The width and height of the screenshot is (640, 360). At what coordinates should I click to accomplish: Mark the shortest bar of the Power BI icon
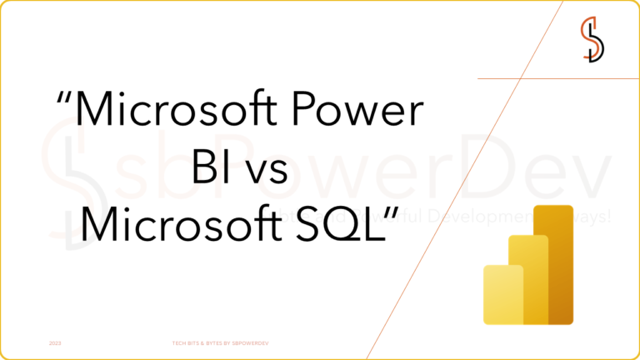[502, 293]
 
